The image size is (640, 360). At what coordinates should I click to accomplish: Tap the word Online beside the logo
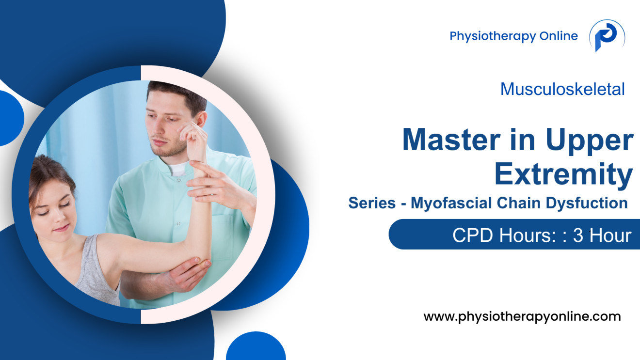tap(559, 36)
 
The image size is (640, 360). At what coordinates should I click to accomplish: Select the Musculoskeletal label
tap(562, 89)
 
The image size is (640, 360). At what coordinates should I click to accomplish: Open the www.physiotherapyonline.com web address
tap(522, 317)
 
